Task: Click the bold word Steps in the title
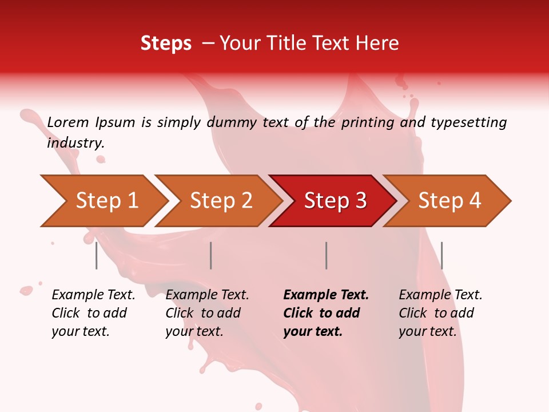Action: point(166,43)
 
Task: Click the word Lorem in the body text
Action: point(68,122)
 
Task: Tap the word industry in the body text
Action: point(75,143)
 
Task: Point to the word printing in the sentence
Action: point(368,122)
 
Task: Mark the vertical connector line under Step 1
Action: point(96,255)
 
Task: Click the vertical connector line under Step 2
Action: point(211,255)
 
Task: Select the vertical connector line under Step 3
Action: point(326,255)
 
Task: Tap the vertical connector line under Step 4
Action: point(441,255)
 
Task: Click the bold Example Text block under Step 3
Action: point(326,313)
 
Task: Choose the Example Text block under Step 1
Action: point(93,313)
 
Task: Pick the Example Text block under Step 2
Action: point(207,313)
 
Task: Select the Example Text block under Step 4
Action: point(440,313)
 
